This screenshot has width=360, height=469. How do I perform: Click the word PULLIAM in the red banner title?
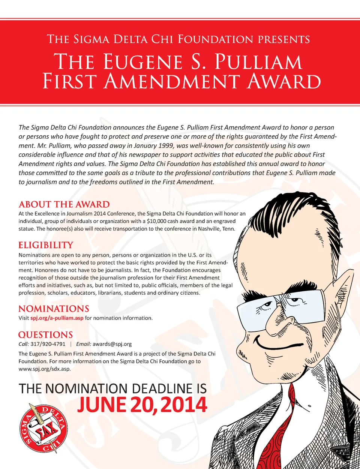(x=258, y=62)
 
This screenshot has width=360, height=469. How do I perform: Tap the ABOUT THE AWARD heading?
(x=64, y=204)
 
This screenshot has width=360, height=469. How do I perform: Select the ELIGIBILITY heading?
(x=46, y=245)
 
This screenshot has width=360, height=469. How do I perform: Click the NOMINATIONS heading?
(x=54, y=309)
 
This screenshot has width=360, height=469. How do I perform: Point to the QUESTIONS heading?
(x=45, y=335)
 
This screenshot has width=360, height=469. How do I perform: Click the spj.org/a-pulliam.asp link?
(x=57, y=318)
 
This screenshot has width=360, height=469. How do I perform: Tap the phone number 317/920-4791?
(x=48, y=344)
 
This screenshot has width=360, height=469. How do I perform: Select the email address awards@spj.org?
(x=112, y=344)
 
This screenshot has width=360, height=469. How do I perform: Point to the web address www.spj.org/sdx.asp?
(x=45, y=369)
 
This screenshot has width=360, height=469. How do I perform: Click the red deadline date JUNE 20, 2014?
(x=142, y=405)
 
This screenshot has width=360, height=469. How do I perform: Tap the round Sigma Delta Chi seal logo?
(x=43, y=428)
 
